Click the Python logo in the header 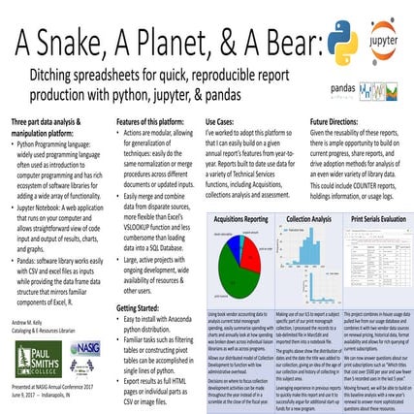342,41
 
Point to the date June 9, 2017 25,398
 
